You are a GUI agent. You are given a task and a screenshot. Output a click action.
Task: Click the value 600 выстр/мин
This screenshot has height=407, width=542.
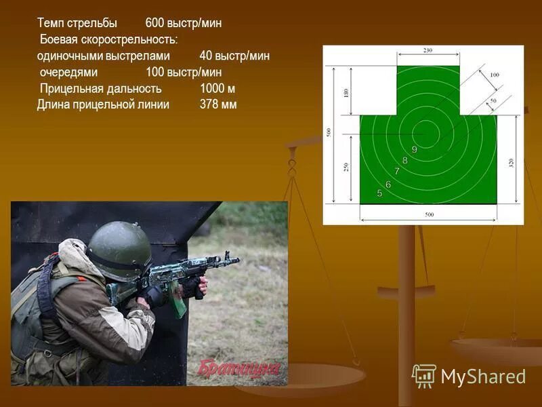pyautogui.click(x=183, y=23)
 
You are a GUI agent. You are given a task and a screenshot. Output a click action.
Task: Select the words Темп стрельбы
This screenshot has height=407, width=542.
pyautogui.click(x=77, y=23)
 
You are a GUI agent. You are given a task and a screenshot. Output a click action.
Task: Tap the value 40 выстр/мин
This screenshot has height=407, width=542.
pyautogui.click(x=234, y=56)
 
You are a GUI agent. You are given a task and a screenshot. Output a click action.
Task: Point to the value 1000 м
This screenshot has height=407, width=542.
pyautogui.click(x=217, y=88)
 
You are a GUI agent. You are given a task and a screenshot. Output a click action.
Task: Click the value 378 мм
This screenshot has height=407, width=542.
pyautogui.click(x=218, y=104)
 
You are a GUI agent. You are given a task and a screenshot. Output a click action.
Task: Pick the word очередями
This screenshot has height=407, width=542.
pyautogui.click(x=69, y=72)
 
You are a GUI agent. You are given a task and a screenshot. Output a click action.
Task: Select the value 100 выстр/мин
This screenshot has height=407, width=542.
pyautogui.click(x=184, y=72)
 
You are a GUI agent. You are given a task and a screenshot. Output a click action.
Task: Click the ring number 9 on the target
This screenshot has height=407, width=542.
pyautogui.click(x=414, y=149)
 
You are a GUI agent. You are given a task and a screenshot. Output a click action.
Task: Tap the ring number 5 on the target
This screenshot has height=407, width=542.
pyautogui.click(x=379, y=193)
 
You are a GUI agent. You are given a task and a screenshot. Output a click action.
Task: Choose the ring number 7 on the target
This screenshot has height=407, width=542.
pyautogui.click(x=397, y=172)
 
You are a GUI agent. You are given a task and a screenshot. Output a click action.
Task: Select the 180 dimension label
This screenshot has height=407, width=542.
pyautogui.click(x=346, y=92)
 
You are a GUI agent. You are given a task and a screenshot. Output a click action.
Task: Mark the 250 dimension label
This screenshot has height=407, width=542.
pyautogui.click(x=346, y=168)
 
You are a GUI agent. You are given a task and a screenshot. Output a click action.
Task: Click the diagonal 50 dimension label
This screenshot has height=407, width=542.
pyautogui.click(x=493, y=100)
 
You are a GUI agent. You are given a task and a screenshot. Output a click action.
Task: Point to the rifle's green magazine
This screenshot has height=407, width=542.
pyautogui.click(x=178, y=303)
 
